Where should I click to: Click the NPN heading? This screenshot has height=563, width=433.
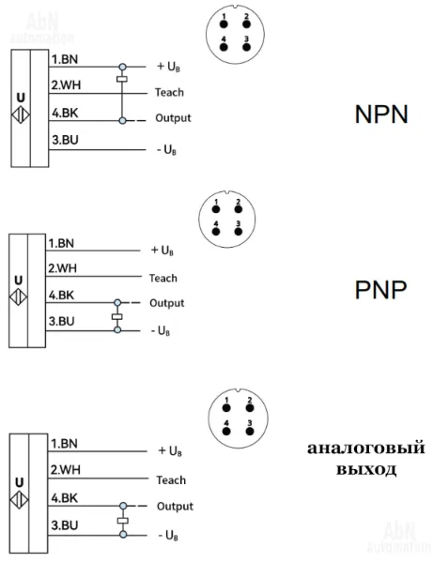[x=381, y=114]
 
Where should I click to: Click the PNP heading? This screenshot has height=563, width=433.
[x=381, y=289]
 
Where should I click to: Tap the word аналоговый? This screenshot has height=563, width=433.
[x=365, y=449]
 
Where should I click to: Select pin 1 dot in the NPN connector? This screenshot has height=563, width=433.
[x=224, y=24]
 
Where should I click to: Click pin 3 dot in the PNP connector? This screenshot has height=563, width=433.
[x=239, y=232]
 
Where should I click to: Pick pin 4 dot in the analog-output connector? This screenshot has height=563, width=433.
[x=226, y=431]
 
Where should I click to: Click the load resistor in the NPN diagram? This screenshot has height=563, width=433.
[x=122, y=80]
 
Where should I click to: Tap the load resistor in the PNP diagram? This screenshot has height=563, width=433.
[x=117, y=317]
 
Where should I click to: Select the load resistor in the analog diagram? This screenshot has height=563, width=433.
[x=123, y=521]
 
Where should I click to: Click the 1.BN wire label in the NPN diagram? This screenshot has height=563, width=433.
[x=65, y=59]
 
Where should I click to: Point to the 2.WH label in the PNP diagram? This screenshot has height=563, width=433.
[x=63, y=268]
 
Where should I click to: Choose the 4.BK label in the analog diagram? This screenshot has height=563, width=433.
[x=64, y=498]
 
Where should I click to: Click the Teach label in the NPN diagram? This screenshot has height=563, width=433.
[x=170, y=92]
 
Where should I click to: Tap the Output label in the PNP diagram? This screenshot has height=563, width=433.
[x=167, y=303]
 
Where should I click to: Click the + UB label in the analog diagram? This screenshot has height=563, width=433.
[x=170, y=451]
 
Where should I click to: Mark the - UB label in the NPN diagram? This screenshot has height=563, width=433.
[x=167, y=150]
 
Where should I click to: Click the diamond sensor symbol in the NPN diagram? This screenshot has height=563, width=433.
[x=21, y=115]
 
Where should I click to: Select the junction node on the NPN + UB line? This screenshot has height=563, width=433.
[x=122, y=67]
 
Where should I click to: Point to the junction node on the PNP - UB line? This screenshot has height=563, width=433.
[x=117, y=330]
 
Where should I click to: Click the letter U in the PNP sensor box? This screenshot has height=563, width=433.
[x=19, y=280]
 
